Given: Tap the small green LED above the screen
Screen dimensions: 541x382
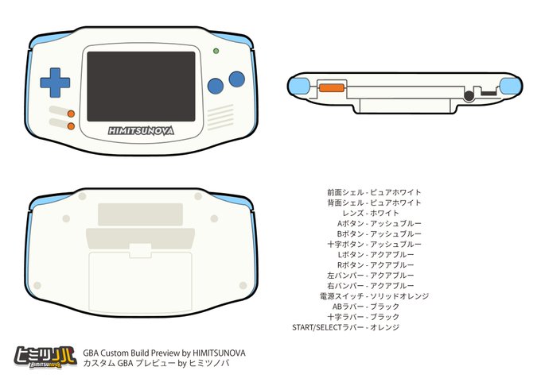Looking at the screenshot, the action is tap(216, 52).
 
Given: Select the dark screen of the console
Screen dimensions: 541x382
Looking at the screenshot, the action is tap(141, 86).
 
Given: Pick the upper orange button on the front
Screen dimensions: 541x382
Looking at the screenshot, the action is tap(71, 113).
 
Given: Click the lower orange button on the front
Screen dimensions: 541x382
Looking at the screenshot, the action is tap(71, 125).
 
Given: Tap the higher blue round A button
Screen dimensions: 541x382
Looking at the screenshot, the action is tap(236, 79).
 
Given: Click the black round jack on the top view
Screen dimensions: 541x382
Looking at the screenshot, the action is tap(469, 95).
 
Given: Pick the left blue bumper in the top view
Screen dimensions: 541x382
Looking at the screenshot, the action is tap(299, 85).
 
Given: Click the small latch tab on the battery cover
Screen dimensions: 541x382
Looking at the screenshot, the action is tap(140, 249).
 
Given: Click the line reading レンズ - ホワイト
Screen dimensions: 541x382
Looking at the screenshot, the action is tap(371, 213).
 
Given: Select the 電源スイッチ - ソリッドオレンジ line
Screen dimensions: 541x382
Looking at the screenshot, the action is tap(374, 295).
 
